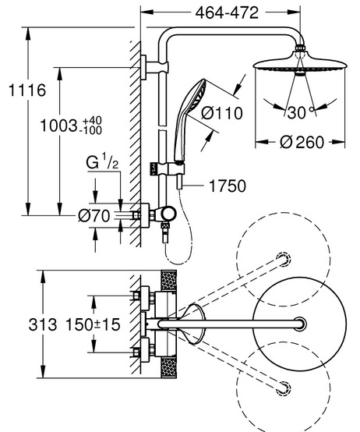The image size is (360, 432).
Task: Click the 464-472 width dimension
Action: [x=227, y=12]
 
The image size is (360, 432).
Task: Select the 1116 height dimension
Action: [x=27, y=90]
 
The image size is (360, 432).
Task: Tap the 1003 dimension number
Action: [x=59, y=126]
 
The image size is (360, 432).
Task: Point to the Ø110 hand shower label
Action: [x=222, y=113]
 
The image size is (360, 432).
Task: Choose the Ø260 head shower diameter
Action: [x=302, y=143]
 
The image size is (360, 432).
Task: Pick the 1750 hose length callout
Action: [x=228, y=186]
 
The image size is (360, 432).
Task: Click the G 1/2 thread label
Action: [x=102, y=161]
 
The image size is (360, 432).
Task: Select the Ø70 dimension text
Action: [x=94, y=215]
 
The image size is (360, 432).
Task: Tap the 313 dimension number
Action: [x=43, y=324]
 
